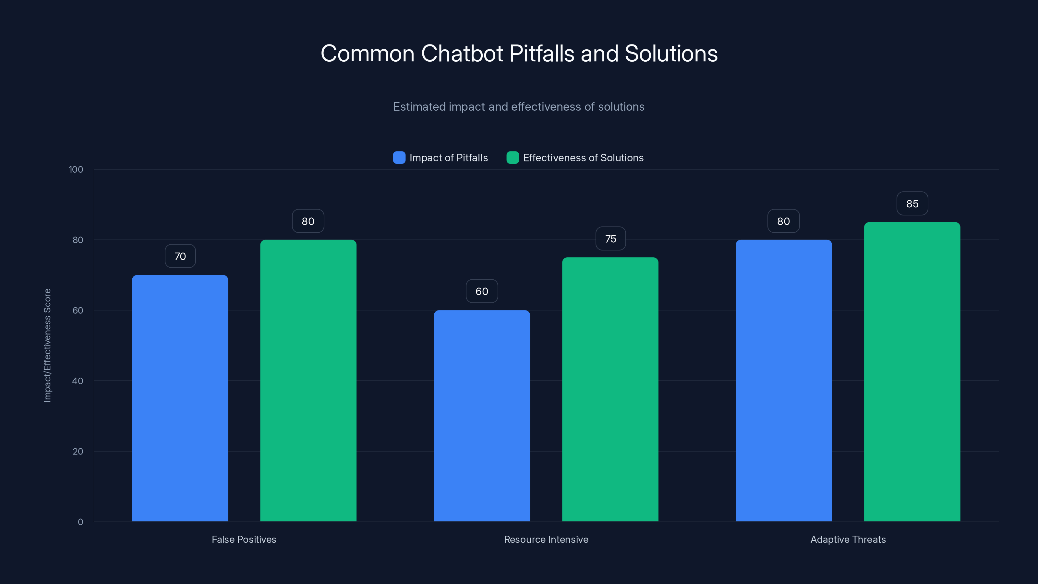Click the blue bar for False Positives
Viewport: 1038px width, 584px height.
(x=180, y=398)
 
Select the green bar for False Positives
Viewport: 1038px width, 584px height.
(x=308, y=381)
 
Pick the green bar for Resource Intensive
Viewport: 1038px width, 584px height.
(x=610, y=389)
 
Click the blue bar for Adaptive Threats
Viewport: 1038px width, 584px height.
(x=783, y=381)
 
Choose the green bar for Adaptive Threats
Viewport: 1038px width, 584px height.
(x=912, y=371)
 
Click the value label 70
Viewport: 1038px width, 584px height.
(x=180, y=256)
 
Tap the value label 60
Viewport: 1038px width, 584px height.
(x=482, y=291)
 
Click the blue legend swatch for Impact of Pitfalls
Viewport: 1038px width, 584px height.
(x=399, y=158)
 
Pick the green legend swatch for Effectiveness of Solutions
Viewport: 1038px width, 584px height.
(x=513, y=158)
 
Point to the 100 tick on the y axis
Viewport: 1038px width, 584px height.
(x=76, y=170)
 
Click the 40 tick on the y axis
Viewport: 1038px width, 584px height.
(x=78, y=381)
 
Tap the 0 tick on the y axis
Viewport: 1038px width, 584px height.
(x=80, y=522)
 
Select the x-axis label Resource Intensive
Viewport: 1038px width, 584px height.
(x=546, y=539)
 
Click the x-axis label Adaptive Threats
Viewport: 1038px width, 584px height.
(x=848, y=539)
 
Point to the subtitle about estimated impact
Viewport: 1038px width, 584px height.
(x=519, y=107)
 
